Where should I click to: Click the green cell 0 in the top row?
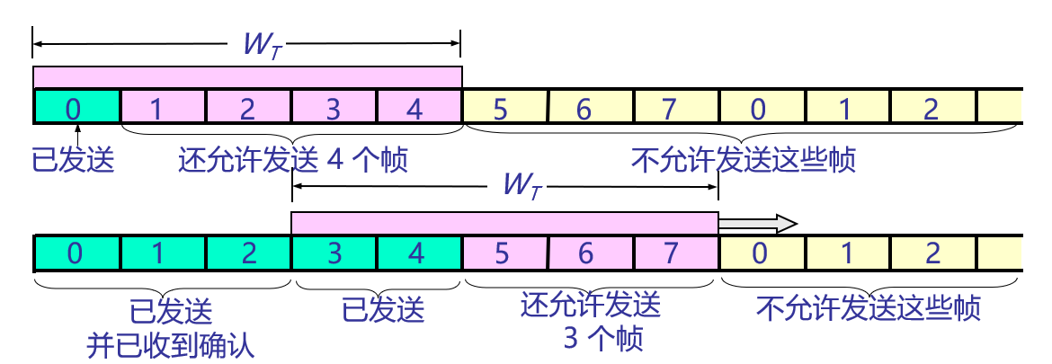(x=76, y=108)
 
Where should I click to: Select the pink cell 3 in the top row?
(x=334, y=108)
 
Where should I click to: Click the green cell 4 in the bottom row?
(x=417, y=253)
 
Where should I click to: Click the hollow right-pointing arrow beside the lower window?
(x=760, y=222)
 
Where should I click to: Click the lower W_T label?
(x=519, y=187)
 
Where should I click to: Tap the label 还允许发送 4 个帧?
(x=293, y=161)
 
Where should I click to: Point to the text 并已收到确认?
(x=171, y=343)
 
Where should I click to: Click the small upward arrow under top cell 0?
(x=76, y=134)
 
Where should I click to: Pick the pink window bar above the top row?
(x=247, y=76)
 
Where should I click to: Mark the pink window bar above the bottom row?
(x=504, y=222)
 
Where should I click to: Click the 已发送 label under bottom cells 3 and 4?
(x=383, y=311)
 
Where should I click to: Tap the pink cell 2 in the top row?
(x=248, y=108)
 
